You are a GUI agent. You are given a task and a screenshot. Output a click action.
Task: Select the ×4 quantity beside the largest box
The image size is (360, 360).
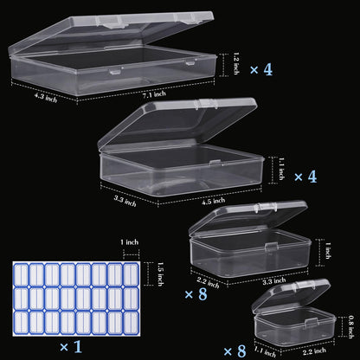(260, 68)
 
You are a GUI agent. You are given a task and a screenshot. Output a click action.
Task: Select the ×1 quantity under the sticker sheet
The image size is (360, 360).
(68, 346)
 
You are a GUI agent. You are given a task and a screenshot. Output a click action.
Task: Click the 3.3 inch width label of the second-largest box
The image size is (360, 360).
(126, 202)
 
